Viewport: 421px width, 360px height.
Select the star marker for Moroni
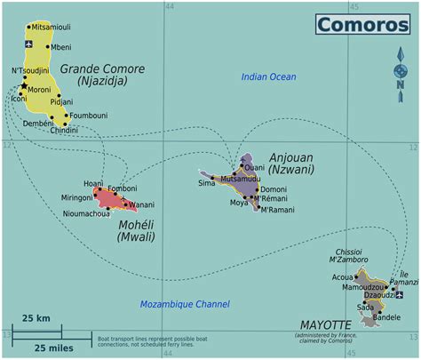pyautogui.click(x=23, y=86)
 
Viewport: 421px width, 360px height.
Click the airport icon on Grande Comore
pyautogui.click(x=30, y=44)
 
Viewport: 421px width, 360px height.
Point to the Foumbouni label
pyautogui.click(x=89, y=116)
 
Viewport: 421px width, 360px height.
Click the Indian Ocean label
pyautogui.click(x=268, y=77)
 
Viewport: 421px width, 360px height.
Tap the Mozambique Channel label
pyautogui.click(x=185, y=304)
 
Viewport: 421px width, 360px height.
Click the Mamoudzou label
pyautogui.click(x=362, y=287)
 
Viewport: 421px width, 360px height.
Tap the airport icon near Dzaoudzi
pyautogui.click(x=400, y=293)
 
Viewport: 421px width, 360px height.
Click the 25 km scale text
pyautogui.click(x=36, y=318)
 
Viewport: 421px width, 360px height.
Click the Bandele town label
pyautogui.click(x=386, y=316)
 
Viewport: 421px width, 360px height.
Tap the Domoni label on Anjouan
pyautogui.click(x=273, y=189)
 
